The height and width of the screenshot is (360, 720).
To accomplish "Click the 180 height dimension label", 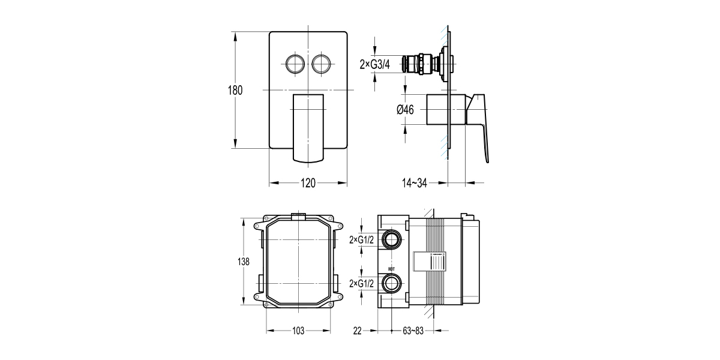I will coord(235,91).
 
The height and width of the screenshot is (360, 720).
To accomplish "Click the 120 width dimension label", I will coord(308,184).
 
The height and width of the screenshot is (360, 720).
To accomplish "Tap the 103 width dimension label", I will coord(299,331).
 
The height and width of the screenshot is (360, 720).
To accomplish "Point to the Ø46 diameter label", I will coord(406,109).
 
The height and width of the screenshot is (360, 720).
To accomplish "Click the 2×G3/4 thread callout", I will coord(375,64).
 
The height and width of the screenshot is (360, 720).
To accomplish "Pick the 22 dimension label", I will coord(358,331).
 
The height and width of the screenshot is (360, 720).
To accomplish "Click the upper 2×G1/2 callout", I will coord(362,240).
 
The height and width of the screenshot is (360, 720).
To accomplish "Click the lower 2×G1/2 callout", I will coord(362,283).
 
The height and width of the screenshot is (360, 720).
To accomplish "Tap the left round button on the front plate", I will coord(295,62).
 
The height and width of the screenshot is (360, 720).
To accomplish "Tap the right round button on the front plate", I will coord(322,62).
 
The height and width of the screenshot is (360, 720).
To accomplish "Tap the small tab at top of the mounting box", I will coord(298,214).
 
